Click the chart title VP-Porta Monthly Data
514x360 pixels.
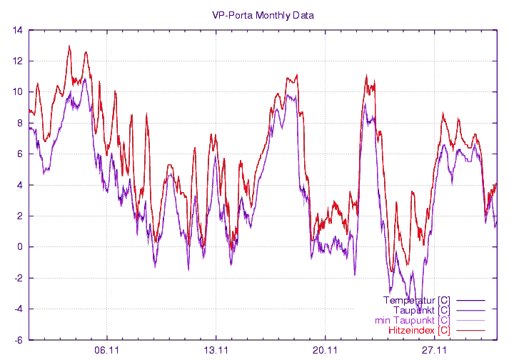click(263, 15)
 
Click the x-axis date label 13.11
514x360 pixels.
click(216, 351)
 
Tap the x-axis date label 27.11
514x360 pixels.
click(434, 351)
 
